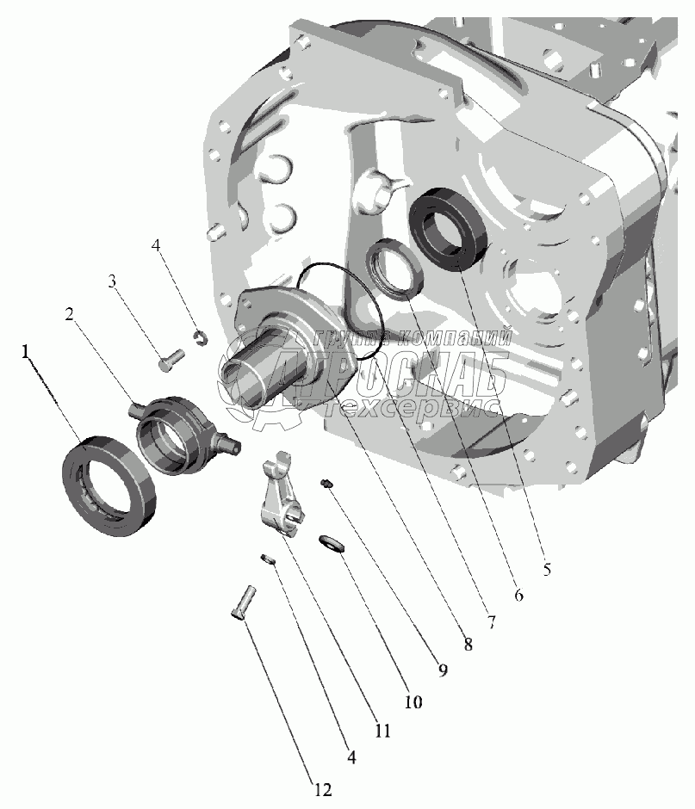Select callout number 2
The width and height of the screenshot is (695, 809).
[x=69, y=313]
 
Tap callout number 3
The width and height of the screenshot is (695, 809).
[x=112, y=281]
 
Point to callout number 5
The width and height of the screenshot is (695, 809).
[x=546, y=569]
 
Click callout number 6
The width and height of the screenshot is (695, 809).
[x=518, y=595]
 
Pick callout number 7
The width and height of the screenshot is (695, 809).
[x=491, y=621]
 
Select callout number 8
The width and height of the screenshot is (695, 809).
[x=468, y=644]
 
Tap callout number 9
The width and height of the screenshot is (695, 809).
[x=443, y=670]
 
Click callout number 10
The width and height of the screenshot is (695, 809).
[x=413, y=701]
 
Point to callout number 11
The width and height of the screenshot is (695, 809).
[x=382, y=731]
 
